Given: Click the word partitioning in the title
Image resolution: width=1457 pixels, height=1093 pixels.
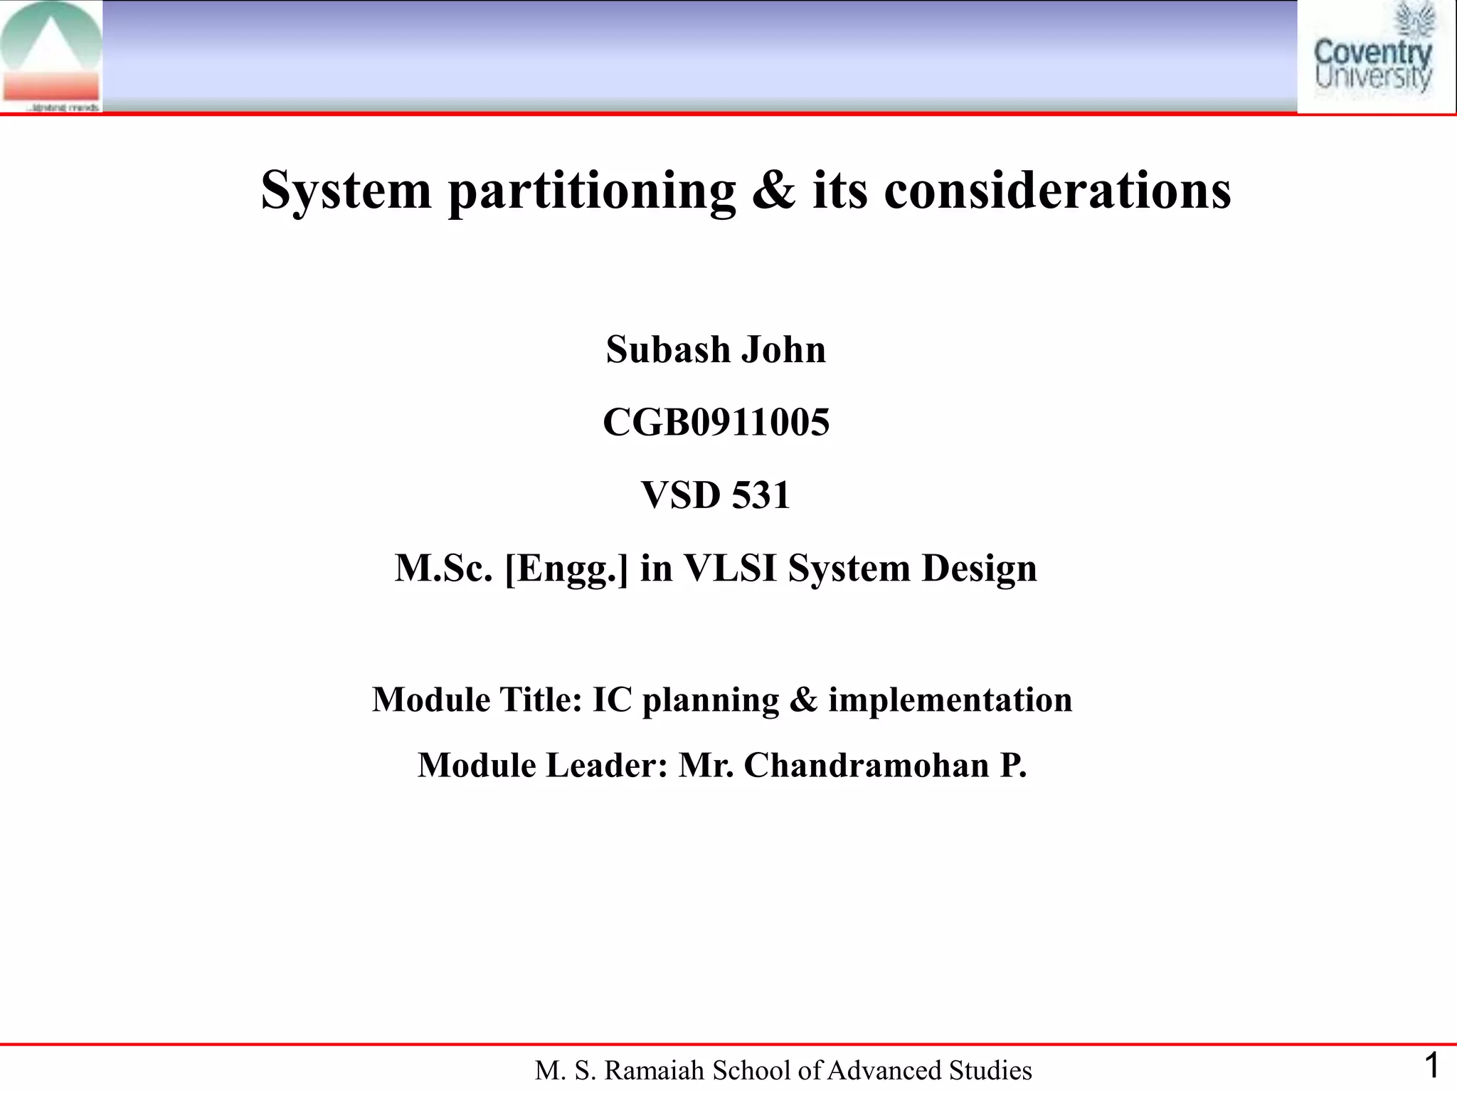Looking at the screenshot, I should click(592, 191).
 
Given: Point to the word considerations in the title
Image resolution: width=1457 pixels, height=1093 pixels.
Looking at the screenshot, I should click(1057, 191).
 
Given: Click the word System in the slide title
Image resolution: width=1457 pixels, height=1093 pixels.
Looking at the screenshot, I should click(346, 191).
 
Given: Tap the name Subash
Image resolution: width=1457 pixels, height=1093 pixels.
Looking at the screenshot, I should click(668, 349).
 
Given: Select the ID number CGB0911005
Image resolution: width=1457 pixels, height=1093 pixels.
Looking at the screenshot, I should click(716, 422).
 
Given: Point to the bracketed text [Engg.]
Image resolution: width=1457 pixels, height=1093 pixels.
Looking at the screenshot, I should click(566, 569).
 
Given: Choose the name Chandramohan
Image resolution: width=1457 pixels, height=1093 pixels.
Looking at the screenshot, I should click(867, 766).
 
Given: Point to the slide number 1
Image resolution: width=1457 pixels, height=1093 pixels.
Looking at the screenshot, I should click(1431, 1066).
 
